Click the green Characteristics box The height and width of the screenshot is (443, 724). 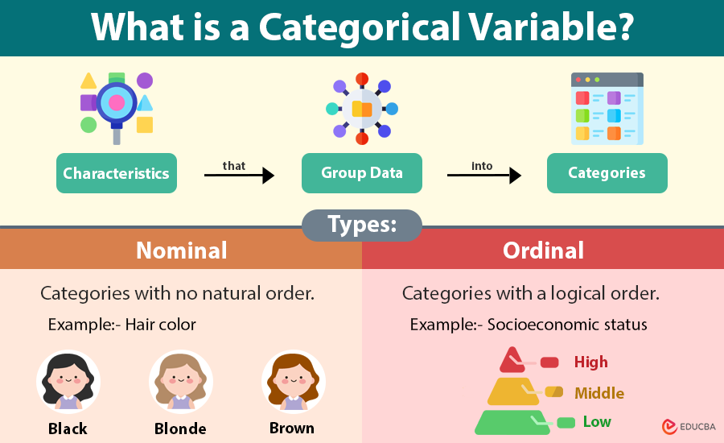pos(117,173)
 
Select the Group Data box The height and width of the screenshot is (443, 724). pos(361,173)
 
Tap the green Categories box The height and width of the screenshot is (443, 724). pos(607,173)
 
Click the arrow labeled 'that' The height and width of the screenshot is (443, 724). pos(239,175)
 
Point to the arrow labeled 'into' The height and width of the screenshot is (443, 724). pos(484,175)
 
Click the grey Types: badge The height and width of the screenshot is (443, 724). pos(362,226)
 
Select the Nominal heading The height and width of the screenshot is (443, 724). pos(181,250)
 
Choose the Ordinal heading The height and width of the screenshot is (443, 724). pos(543,250)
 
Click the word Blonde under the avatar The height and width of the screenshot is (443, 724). pos(180,429)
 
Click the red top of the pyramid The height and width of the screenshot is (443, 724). pos(512,359)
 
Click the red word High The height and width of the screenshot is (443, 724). pos(590,362)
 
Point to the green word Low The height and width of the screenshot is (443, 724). pos(597,422)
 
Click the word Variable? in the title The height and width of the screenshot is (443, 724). pos(553,28)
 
